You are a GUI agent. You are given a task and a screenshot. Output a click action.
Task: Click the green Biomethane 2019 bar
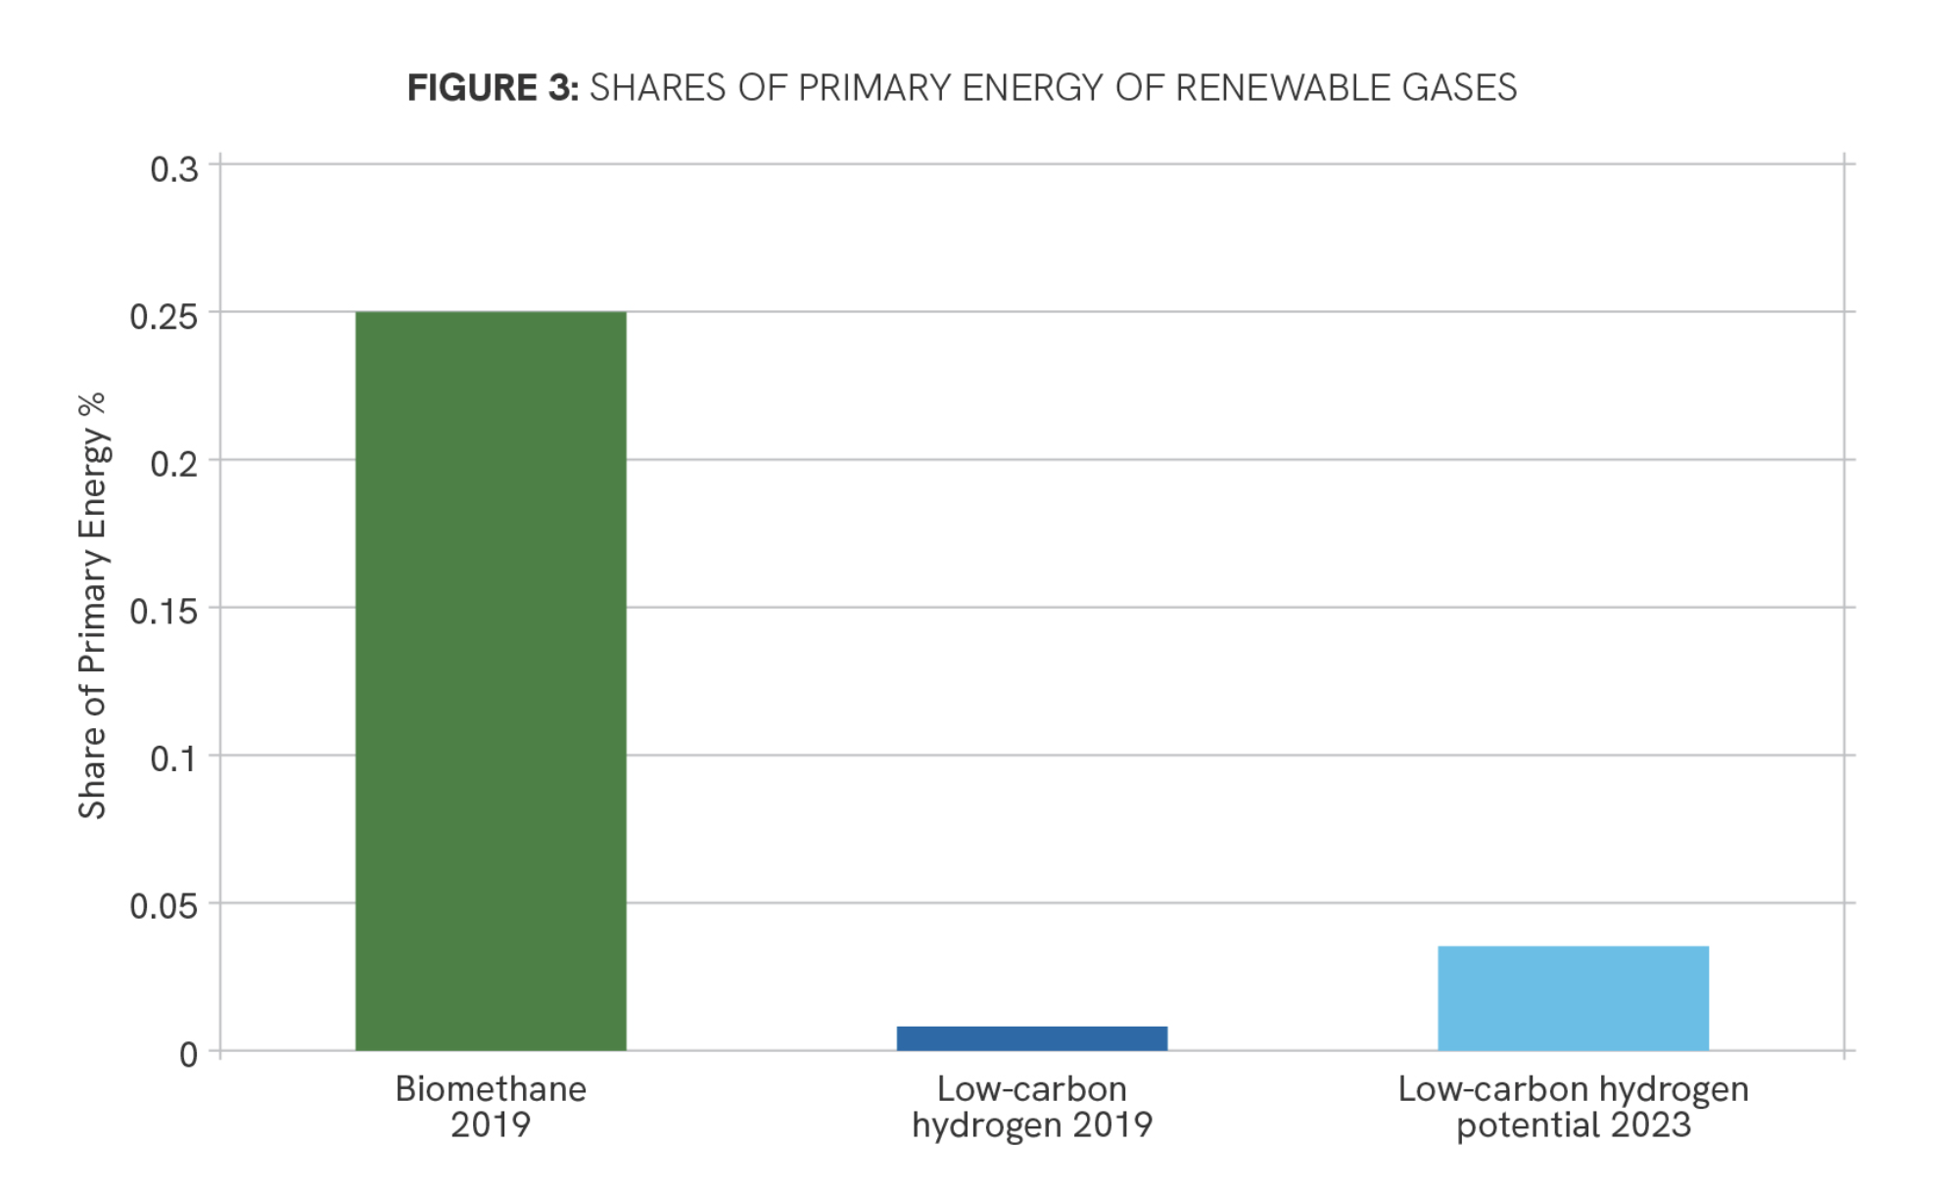tap(491, 680)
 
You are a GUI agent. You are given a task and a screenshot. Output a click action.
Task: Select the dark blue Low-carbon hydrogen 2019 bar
tap(1031, 1038)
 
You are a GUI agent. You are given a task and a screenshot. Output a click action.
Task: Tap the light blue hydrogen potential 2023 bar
tap(1573, 998)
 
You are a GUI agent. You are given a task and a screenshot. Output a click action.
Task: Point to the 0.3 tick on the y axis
tap(173, 169)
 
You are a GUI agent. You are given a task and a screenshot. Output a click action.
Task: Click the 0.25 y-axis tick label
tap(163, 316)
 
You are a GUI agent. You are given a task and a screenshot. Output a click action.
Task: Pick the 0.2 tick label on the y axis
tap(173, 464)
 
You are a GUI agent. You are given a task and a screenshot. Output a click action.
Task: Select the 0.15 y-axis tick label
tap(163, 612)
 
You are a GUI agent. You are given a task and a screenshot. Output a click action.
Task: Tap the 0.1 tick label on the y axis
tap(173, 758)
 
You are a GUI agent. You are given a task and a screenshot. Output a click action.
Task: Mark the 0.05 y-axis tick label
tap(163, 906)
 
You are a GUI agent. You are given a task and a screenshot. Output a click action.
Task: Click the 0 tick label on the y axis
tap(188, 1054)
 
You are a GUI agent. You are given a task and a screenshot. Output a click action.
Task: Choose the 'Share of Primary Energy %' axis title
tap(92, 606)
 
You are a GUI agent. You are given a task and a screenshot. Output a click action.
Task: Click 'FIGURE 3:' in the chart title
tap(493, 88)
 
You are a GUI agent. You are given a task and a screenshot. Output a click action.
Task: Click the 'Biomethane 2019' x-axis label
tap(491, 1107)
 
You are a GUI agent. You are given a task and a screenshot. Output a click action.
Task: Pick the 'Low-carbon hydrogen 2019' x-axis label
tap(1031, 1107)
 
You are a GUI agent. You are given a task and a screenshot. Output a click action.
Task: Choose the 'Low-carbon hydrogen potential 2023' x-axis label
tap(1573, 1107)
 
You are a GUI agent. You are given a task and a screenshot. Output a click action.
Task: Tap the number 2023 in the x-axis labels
tap(1650, 1125)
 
